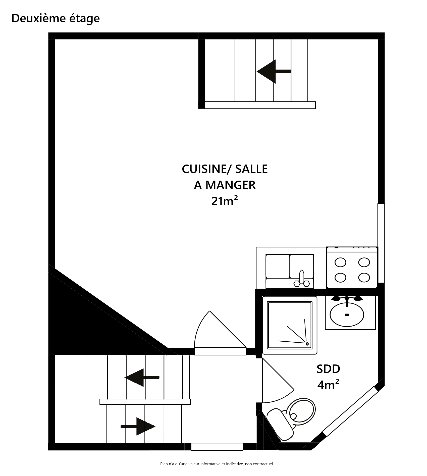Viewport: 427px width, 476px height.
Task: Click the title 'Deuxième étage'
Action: tap(56, 18)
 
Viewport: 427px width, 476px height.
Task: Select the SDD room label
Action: tap(328, 369)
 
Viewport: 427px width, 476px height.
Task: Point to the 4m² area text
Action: tap(328, 385)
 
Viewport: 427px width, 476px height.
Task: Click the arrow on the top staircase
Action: tap(273, 71)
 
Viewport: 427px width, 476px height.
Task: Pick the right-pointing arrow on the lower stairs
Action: tap(138, 426)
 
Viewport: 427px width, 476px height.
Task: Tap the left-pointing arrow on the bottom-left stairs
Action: tap(142, 377)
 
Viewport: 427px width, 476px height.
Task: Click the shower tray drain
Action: tap(307, 344)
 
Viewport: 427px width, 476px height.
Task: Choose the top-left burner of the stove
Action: tap(340, 262)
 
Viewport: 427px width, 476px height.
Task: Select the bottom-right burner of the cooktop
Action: tap(364, 278)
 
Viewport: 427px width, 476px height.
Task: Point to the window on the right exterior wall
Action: tap(381, 243)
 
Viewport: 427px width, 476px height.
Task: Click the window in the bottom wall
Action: tap(217, 447)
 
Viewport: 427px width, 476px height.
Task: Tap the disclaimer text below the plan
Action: tap(216, 464)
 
